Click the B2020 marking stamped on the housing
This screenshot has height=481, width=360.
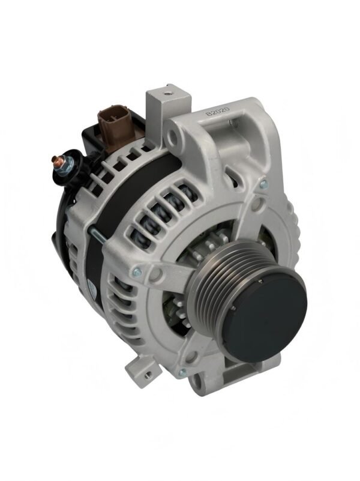pyautogui.click(x=218, y=110)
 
